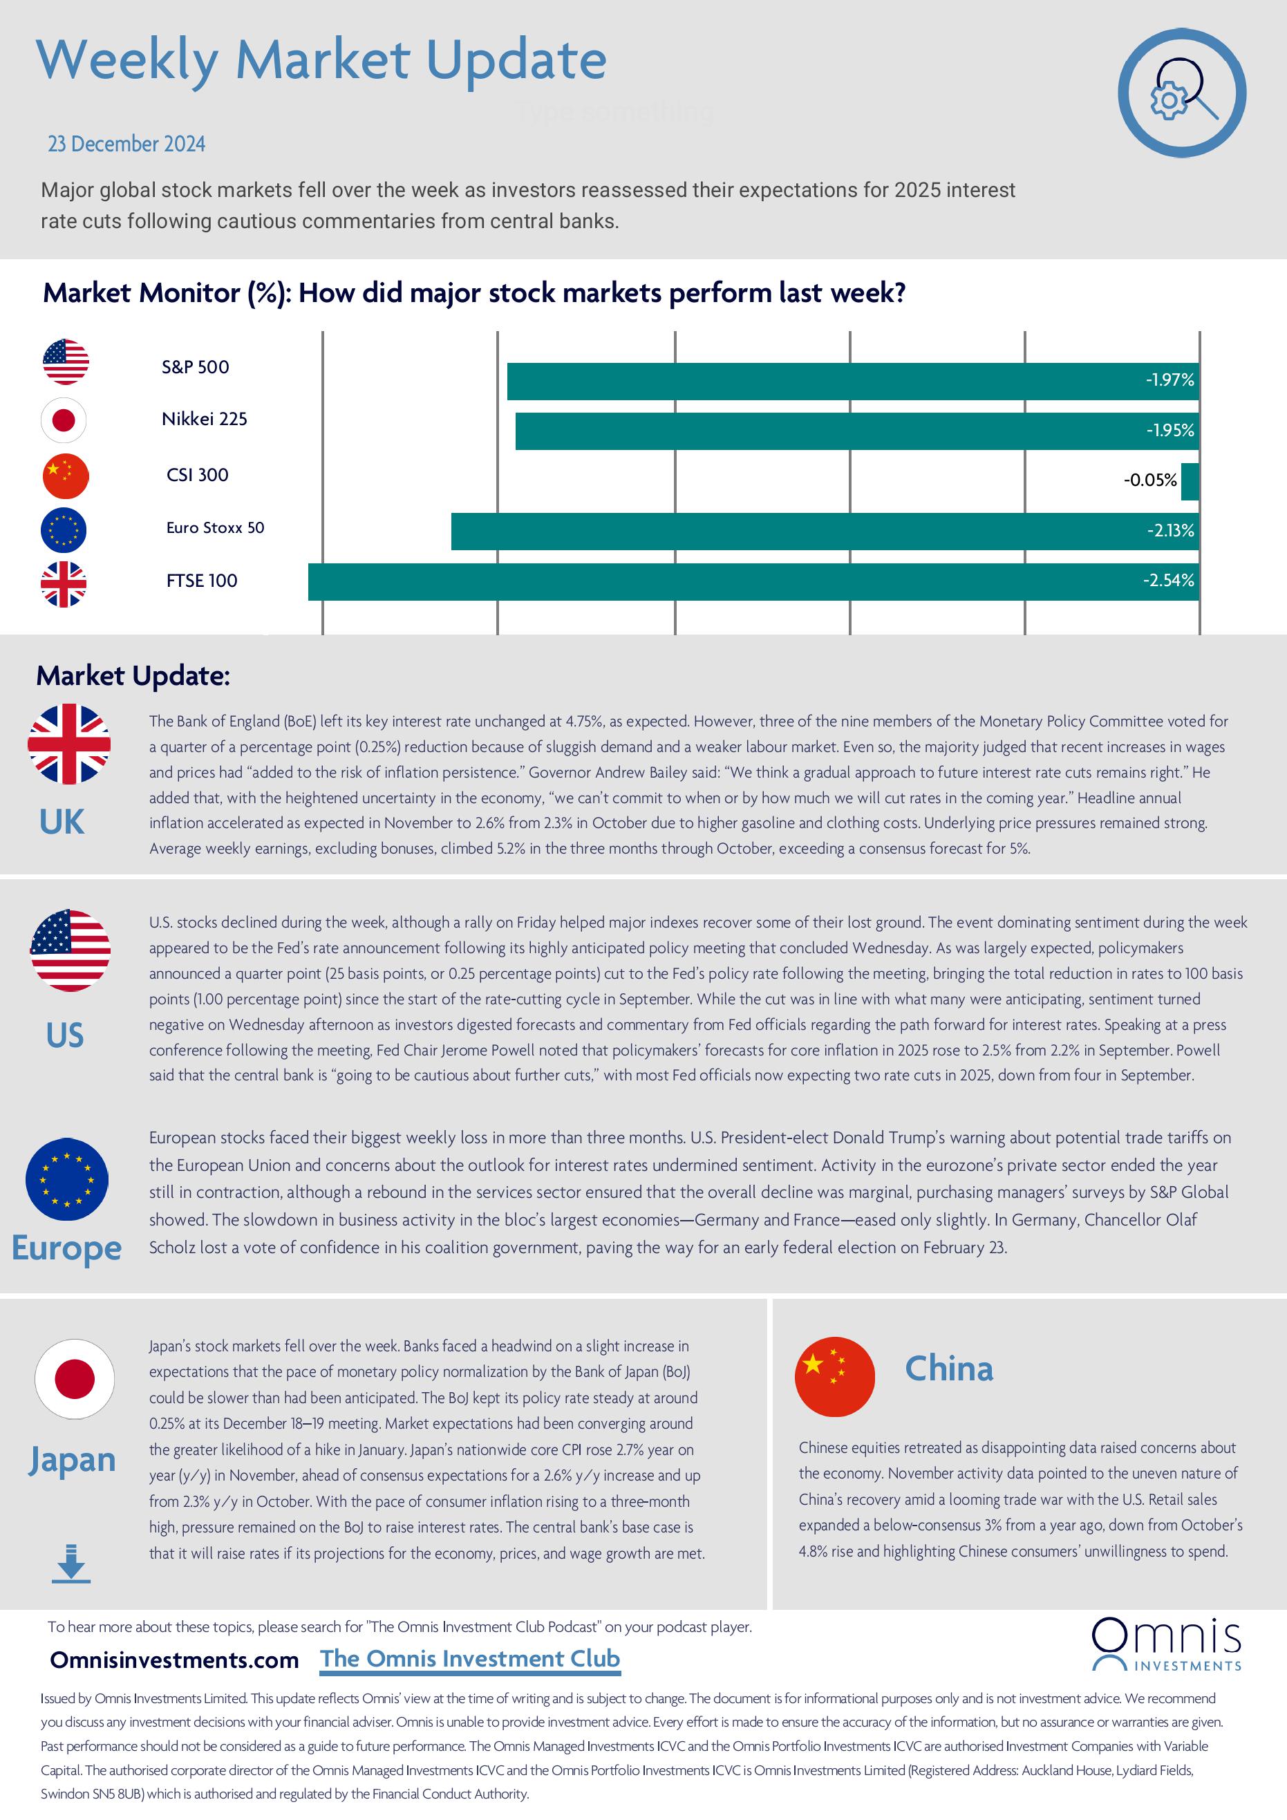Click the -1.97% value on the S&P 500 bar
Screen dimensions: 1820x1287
(1169, 380)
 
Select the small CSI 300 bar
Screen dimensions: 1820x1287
(1190, 481)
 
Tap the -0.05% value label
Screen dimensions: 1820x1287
(1150, 480)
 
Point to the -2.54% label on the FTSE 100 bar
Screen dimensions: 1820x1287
(1168, 581)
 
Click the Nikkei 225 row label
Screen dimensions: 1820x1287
(205, 420)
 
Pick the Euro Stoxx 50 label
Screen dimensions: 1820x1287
(215, 528)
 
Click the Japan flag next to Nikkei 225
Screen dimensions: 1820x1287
(64, 420)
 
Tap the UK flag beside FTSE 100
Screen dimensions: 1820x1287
(64, 584)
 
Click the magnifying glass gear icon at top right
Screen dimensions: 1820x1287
(1182, 93)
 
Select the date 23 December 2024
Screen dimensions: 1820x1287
(126, 144)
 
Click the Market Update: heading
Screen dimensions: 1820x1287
(133, 676)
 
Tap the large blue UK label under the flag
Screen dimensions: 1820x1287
(62, 822)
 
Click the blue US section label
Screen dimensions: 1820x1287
(64, 1035)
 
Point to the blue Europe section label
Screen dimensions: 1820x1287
(66, 1248)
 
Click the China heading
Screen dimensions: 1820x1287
(948, 1369)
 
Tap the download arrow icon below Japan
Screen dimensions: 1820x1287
(71, 1563)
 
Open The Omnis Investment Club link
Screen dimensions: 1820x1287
(470, 1659)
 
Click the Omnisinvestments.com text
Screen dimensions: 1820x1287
(174, 1660)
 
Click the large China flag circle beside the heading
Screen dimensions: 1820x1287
(834, 1377)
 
